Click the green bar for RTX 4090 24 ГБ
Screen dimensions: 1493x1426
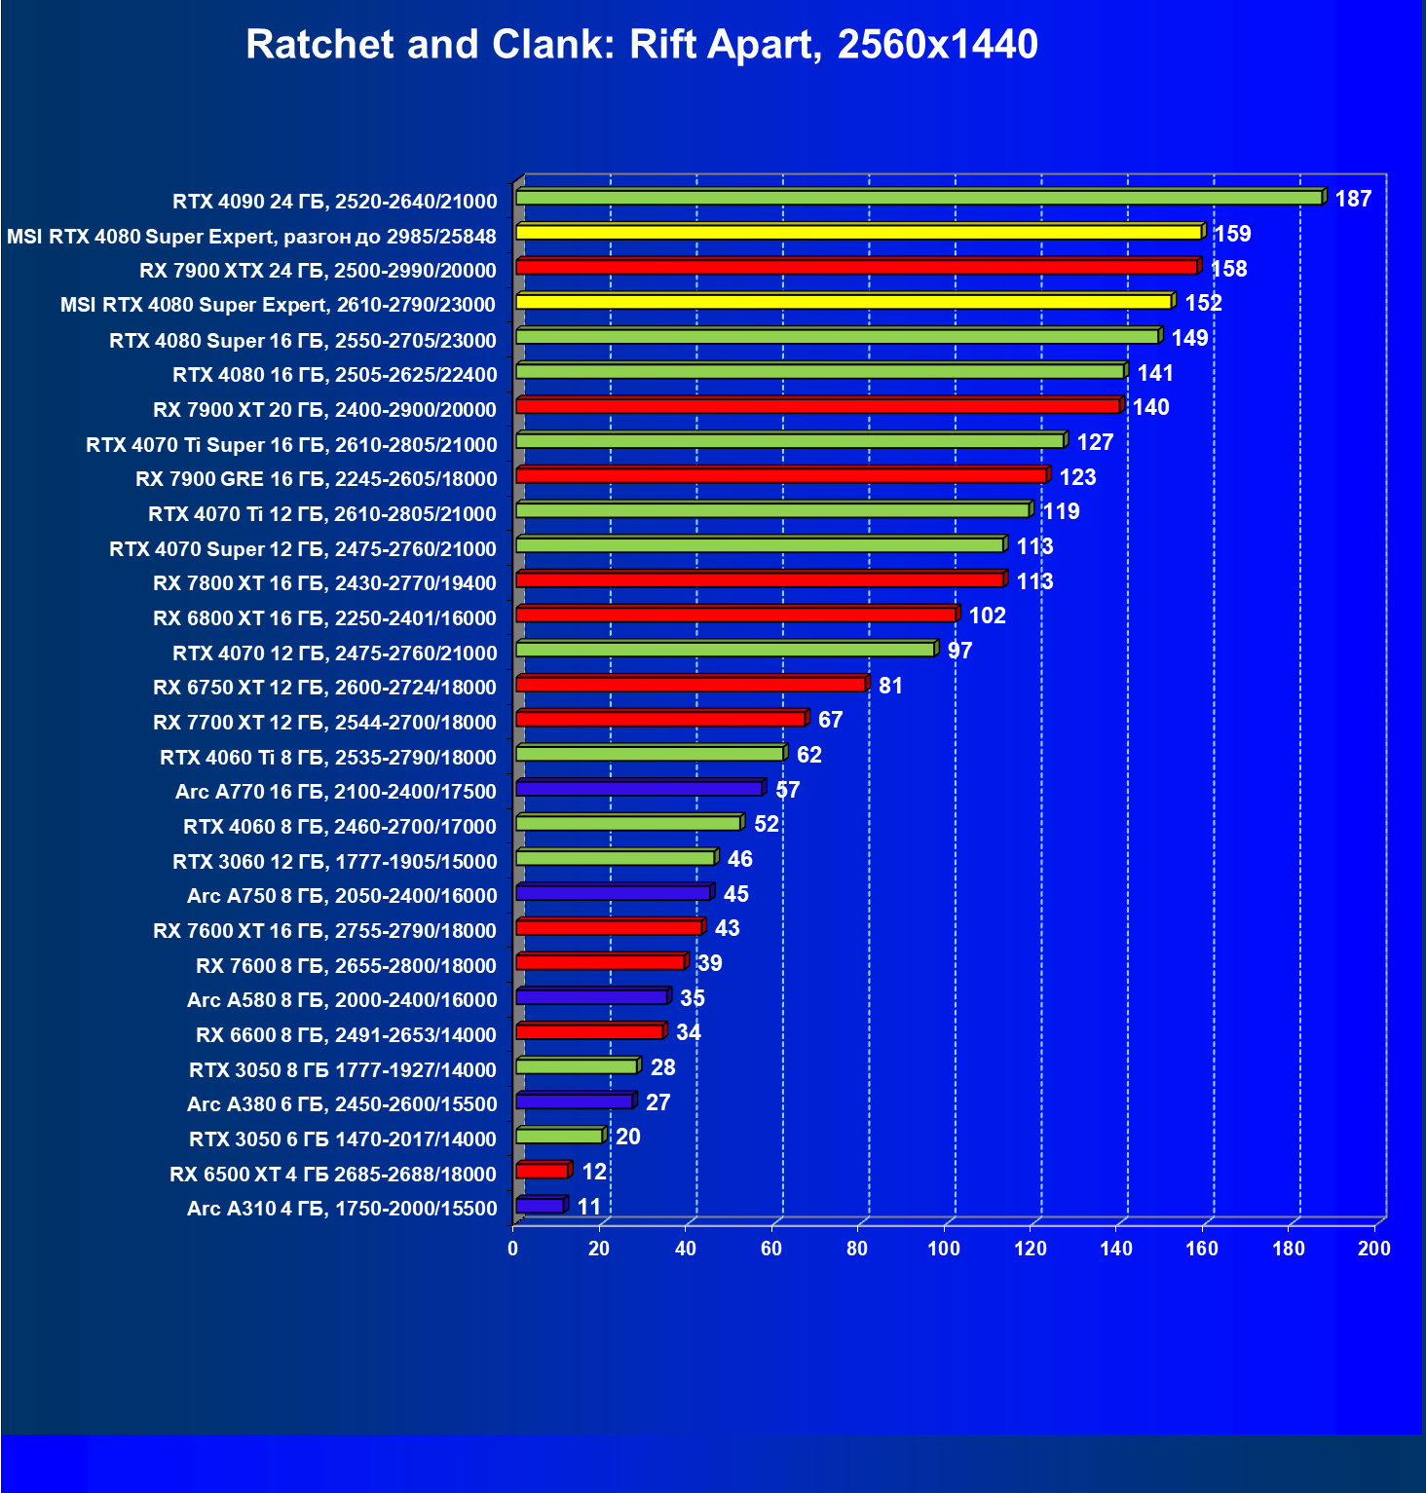point(918,198)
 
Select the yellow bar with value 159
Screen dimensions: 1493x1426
point(858,232)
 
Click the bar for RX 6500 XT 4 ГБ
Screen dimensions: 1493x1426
point(542,1171)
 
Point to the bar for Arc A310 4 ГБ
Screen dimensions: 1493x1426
point(540,1206)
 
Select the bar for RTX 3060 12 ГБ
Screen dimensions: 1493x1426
point(615,858)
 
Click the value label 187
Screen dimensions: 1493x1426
point(1353,200)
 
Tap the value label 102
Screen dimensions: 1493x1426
point(987,616)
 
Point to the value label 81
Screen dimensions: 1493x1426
point(890,686)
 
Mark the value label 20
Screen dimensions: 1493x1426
point(628,1137)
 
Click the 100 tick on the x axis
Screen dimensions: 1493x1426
point(944,1249)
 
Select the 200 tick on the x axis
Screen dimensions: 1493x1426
point(1374,1249)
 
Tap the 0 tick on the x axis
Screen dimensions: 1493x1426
point(513,1249)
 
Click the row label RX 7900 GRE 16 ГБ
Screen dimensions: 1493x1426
point(317,479)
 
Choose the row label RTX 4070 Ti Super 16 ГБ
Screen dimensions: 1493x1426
point(291,445)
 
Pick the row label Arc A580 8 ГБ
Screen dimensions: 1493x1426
point(342,1000)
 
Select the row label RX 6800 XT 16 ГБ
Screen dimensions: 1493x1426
point(324,618)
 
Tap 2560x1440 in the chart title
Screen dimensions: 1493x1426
point(937,45)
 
